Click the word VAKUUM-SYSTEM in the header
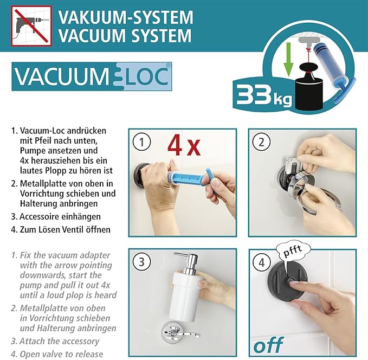coord(125,17)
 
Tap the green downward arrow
coord(288,57)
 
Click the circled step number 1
coord(142,143)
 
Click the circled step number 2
coord(262,143)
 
